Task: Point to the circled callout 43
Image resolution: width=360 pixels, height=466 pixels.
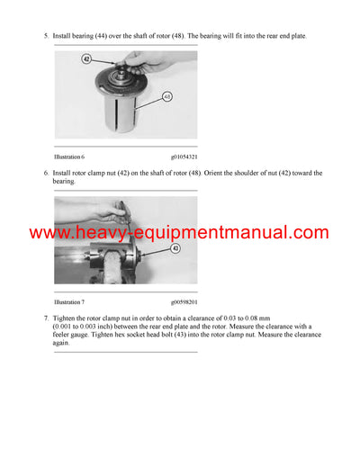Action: [175, 248]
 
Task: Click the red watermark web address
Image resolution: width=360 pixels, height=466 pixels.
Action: [180, 233]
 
